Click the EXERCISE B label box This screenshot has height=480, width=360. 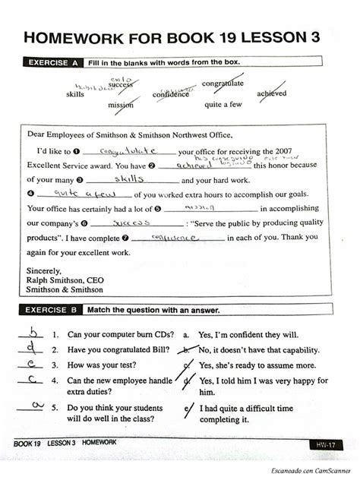pos(55,310)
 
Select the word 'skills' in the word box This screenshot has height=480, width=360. pos(75,93)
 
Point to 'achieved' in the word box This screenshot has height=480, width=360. pos(271,93)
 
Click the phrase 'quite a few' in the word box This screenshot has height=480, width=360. pos(223,105)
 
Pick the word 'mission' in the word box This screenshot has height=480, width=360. pos(120,105)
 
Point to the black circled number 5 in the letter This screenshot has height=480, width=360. pos(157,208)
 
